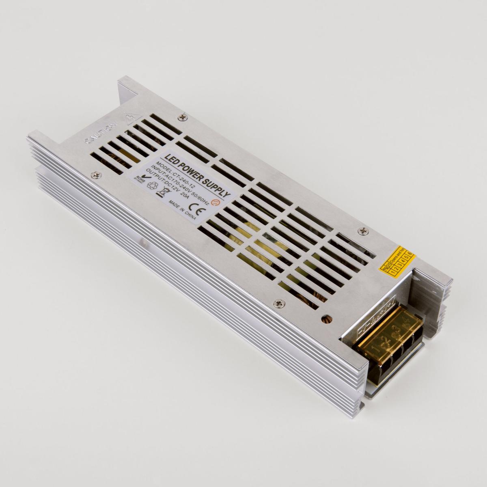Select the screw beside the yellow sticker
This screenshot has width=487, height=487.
coord(362,230)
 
